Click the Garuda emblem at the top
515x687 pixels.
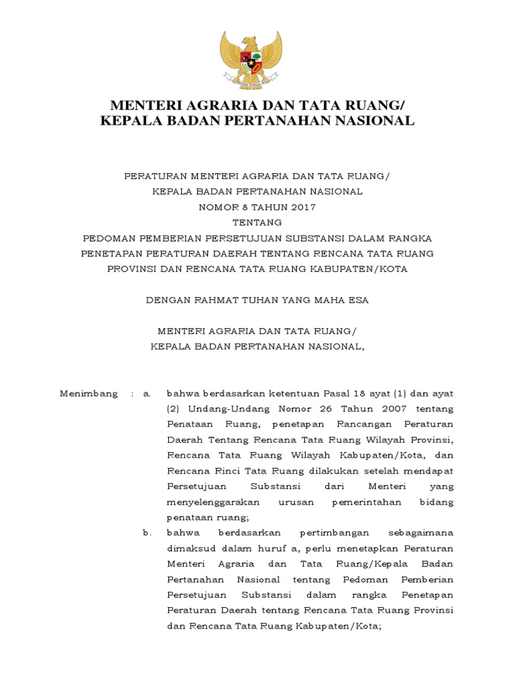(252, 59)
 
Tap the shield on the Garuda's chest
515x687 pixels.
(252, 63)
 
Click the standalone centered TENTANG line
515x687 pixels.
(257, 222)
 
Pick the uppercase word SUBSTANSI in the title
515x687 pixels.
(320, 238)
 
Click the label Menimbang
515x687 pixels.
(89, 393)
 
